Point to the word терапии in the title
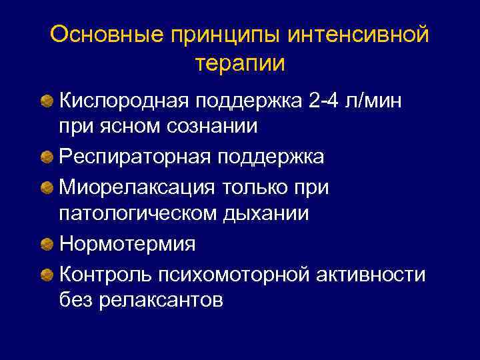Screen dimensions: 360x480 click(x=240, y=64)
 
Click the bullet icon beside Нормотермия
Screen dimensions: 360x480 click(x=46, y=245)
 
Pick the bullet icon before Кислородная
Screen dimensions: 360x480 click(x=46, y=101)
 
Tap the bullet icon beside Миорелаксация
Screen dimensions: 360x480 click(x=46, y=188)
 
